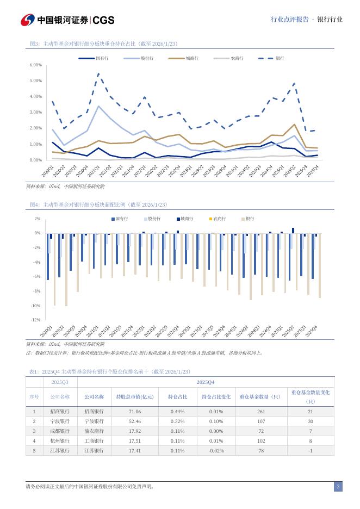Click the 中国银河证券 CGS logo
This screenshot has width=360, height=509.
(67, 20)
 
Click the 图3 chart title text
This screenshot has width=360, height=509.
(103, 44)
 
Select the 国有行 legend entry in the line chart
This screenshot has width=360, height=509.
(95, 58)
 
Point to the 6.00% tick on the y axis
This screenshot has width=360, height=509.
(35, 65)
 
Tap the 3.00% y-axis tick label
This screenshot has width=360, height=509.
(35, 113)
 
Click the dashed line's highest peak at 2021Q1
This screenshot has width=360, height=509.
(98, 73)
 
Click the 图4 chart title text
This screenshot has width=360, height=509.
(98, 204)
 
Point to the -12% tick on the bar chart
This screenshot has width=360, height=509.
(36, 320)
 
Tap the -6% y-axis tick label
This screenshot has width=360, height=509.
(37, 277)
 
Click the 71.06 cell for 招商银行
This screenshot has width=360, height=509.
(134, 412)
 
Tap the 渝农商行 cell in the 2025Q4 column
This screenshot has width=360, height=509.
(94, 431)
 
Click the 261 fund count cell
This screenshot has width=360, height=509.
(260, 412)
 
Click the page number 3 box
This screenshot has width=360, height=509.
(338, 487)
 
